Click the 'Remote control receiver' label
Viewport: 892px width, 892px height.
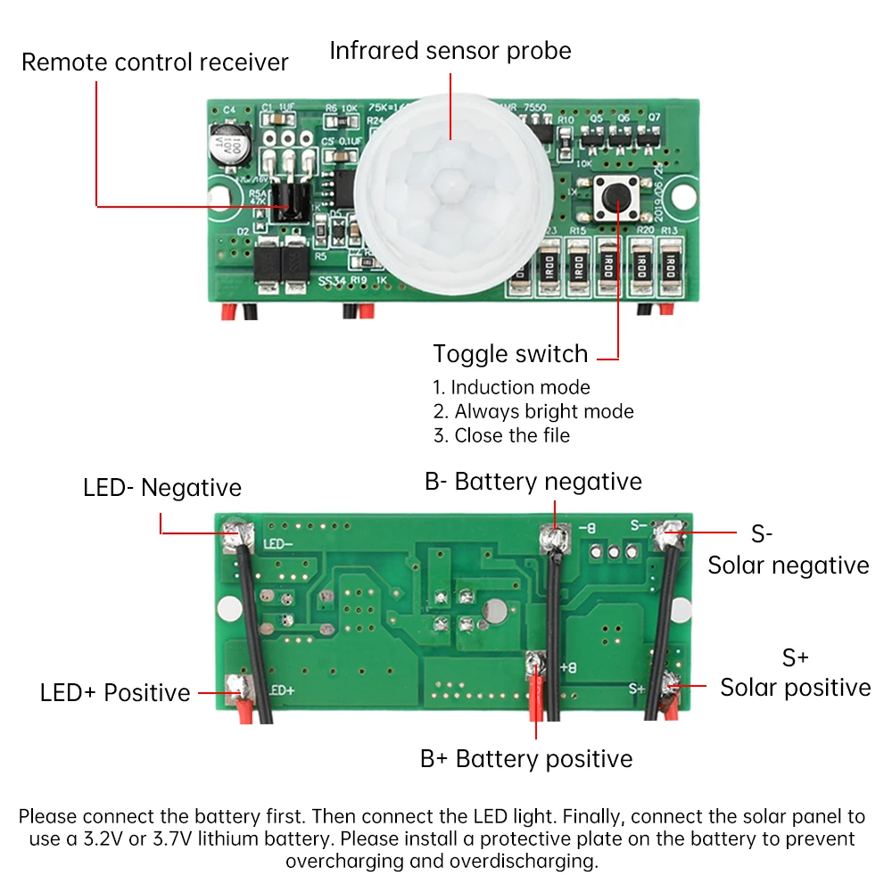pyautogui.click(x=155, y=62)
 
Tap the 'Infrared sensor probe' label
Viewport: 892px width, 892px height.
pyautogui.click(x=450, y=50)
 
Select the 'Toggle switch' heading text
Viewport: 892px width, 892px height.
pyautogui.click(x=510, y=354)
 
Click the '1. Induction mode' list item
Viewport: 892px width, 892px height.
pyautogui.click(x=511, y=387)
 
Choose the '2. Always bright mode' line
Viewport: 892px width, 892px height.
pyautogui.click(x=533, y=411)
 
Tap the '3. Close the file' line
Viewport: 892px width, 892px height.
pyautogui.click(x=501, y=435)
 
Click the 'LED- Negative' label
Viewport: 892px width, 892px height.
pyautogui.click(x=162, y=488)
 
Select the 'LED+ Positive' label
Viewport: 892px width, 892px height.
pyautogui.click(x=115, y=693)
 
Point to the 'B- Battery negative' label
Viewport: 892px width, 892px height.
pyautogui.click(x=533, y=482)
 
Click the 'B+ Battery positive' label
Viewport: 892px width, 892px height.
pyautogui.click(x=526, y=759)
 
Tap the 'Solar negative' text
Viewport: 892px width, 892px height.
pyautogui.click(x=789, y=565)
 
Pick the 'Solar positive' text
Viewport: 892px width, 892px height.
pyautogui.click(x=796, y=687)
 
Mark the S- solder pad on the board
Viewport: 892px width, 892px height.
pyautogui.click(x=668, y=535)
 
